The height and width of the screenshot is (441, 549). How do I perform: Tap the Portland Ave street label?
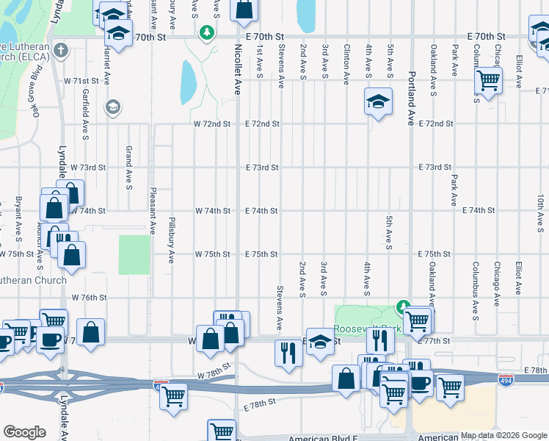tap(410, 98)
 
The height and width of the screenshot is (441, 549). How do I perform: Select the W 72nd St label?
tap(212, 124)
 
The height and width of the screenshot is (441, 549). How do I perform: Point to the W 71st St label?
tap(81, 81)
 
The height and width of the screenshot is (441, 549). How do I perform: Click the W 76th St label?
tap(90, 298)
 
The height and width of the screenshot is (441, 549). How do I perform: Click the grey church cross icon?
tap(60, 51)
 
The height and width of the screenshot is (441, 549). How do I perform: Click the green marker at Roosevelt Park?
tap(402, 306)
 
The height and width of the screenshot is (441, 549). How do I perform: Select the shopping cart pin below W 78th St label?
tap(174, 395)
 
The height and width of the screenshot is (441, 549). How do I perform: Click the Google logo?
tap(24, 432)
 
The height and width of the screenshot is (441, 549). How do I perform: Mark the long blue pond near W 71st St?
tap(189, 82)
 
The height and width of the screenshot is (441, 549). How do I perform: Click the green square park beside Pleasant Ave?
tap(134, 254)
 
